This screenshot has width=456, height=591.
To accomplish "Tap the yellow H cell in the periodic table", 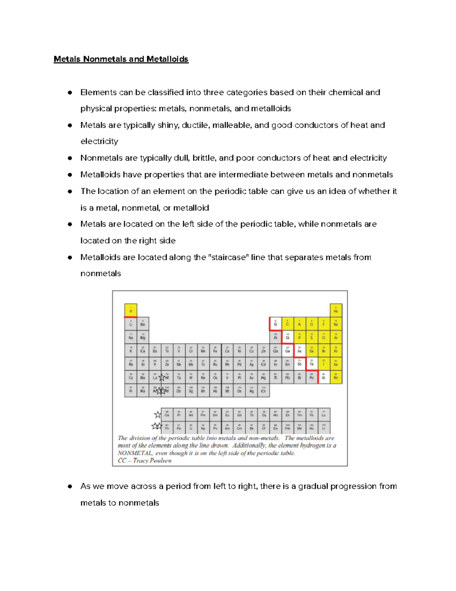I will click(131, 310).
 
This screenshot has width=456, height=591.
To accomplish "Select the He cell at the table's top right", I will click(336, 310).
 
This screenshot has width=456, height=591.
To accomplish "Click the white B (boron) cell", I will click(275, 324).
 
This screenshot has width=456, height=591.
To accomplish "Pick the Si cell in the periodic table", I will click(288, 337).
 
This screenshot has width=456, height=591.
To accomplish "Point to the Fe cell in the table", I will click(215, 350).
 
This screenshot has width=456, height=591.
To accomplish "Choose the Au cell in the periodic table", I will click(252, 377).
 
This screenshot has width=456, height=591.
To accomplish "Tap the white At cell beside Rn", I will click(324, 377).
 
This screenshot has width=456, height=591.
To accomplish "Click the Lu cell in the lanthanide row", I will click(324, 414).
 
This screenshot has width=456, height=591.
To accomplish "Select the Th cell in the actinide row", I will click(167, 427).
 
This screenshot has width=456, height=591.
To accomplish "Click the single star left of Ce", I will click(157, 414).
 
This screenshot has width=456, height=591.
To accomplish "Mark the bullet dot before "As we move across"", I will click(70, 486).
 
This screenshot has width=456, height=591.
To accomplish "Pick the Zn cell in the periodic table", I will click(263, 350).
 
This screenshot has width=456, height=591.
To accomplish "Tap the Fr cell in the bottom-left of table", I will click(131, 390).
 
